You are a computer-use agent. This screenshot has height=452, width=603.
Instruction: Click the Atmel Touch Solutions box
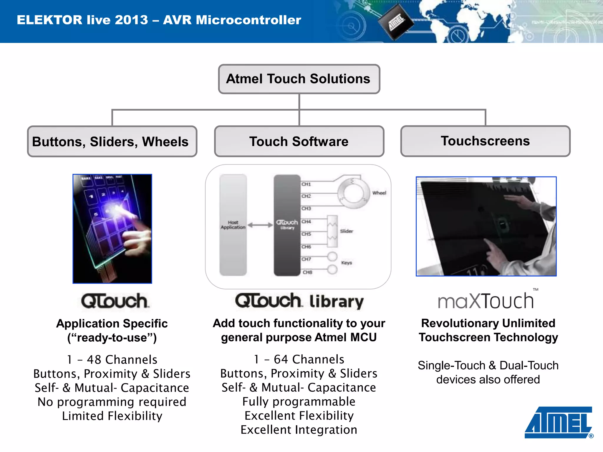point(299,79)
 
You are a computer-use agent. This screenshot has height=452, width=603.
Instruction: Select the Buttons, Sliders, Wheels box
point(112,142)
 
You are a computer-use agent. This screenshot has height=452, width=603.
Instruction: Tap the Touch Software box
point(299,142)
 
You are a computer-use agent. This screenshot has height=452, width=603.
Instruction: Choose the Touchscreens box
point(485,141)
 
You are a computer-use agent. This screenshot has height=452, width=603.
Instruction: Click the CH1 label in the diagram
point(306,184)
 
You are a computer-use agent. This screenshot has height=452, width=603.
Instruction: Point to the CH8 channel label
point(307,272)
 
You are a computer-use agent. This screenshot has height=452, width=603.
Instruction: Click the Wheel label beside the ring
point(379,193)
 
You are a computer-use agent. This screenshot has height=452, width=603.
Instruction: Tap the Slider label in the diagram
point(347,231)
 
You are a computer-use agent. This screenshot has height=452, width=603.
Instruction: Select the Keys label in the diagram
point(347,263)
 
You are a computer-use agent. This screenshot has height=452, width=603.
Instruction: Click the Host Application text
point(233,225)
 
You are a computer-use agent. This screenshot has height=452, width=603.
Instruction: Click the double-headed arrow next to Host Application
point(260,225)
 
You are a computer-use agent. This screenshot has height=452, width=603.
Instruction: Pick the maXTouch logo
point(486,301)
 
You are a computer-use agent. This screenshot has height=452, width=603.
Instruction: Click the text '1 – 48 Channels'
point(112,360)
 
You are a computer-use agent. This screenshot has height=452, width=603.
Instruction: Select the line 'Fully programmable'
point(299,402)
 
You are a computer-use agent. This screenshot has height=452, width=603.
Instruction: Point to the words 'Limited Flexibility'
point(112,416)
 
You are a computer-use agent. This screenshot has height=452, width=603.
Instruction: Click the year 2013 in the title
point(131,20)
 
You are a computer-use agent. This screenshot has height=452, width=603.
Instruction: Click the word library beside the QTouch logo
point(337,302)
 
